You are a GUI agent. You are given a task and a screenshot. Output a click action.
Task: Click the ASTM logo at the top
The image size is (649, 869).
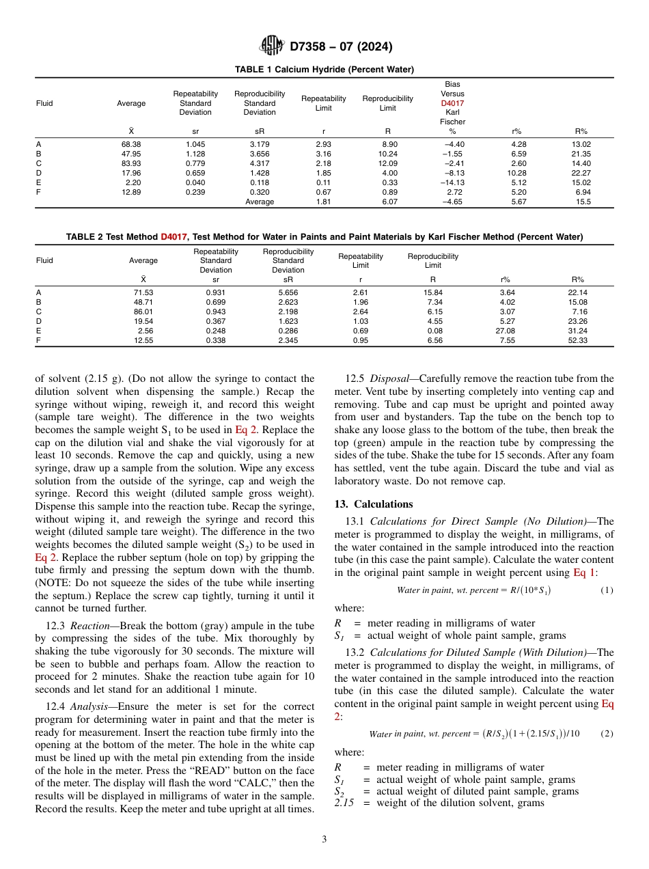tap(272, 46)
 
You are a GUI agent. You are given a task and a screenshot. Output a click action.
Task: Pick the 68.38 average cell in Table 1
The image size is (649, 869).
tap(131, 144)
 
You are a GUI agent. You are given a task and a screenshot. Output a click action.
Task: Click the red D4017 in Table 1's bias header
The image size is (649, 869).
tap(452, 103)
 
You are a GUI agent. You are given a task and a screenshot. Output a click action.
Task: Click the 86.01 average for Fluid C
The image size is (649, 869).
tap(143, 312)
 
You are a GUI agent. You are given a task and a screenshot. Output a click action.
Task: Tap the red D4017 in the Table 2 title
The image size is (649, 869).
tap(174, 237)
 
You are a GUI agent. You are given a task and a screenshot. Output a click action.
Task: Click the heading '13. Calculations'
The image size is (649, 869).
tap(374, 504)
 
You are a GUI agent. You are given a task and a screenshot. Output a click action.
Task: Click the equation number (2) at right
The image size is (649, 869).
tap(606, 733)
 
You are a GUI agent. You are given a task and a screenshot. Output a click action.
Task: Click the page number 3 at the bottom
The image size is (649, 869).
tap(324, 840)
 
